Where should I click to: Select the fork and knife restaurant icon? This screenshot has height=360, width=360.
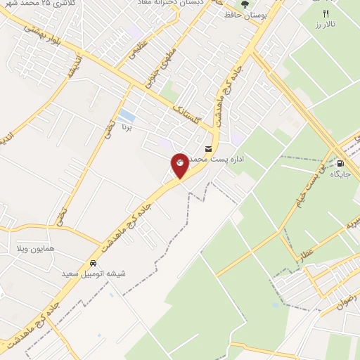pyautogui.click(x=326, y=13)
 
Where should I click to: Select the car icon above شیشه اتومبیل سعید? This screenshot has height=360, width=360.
pyautogui.click(x=93, y=262)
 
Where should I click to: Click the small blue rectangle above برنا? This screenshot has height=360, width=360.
pyautogui.click(x=127, y=115)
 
